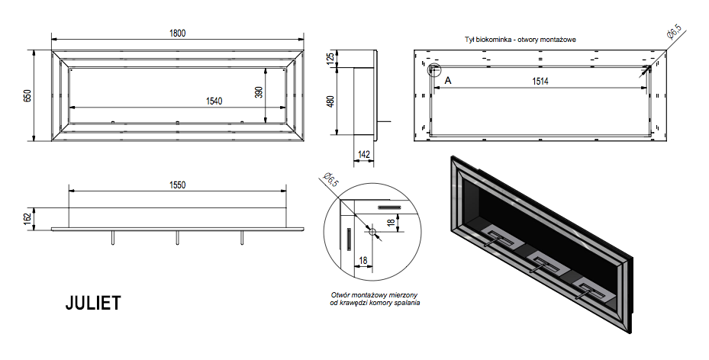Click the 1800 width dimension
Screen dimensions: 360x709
pyautogui.click(x=179, y=32)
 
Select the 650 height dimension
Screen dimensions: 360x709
pyautogui.click(x=27, y=95)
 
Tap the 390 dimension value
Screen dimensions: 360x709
pyautogui.click(x=259, y=92)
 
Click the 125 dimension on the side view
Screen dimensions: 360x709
pyautogui.click(x=331, y=59)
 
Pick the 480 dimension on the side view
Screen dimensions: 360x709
pyautogui.click(x=331, y=101)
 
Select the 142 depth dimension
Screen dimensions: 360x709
pyautogui.click(x=364, y=155)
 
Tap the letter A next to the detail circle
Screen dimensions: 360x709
pyautogui.click(x=448, y=80)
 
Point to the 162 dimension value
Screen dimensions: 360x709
pyautogui.click(x=27, y=218)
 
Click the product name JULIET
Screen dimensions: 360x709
pyautogui.click(x=92, y=304)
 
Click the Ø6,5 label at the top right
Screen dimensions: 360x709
pyautogui.click(x=673, y=34)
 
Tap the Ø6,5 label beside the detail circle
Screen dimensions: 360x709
pyautogui.click(x=330, y=181)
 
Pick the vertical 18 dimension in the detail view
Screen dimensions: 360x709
pyautogui.click(x=391, y=222)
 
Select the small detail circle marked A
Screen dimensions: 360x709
pyautogui.click(x=434, y=70)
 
